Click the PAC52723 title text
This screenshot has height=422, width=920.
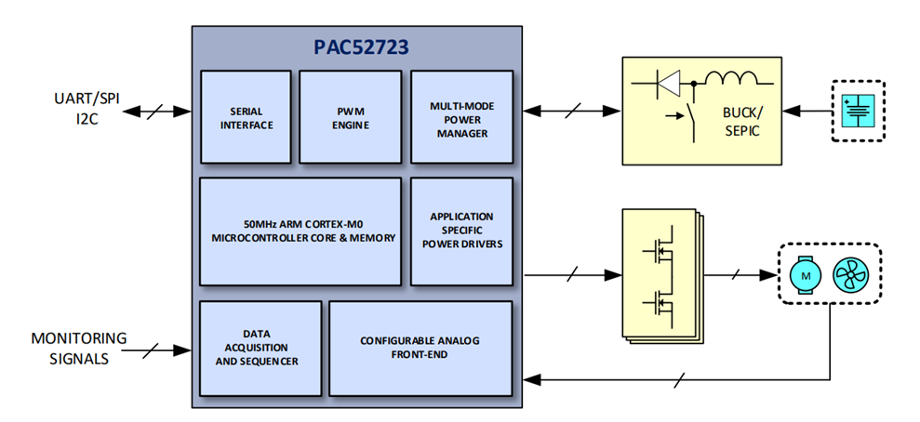click(x=357, y=46)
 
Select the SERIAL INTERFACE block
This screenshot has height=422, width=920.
click(x=247, y=117)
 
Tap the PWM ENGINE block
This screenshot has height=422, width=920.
click(x=350, y=117)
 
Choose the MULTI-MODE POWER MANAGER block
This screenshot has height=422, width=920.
click(x=461, y=117)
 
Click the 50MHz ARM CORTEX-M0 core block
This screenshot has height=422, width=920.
click(x=301, y=231)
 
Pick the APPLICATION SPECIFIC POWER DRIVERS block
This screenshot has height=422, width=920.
click(x=461, y=231)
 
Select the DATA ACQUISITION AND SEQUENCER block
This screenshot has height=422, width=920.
click(x=260, y=347)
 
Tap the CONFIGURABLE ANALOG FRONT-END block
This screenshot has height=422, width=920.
click(x=420, y=347)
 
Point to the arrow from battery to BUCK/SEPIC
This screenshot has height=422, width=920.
click(x=806, y=112)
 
